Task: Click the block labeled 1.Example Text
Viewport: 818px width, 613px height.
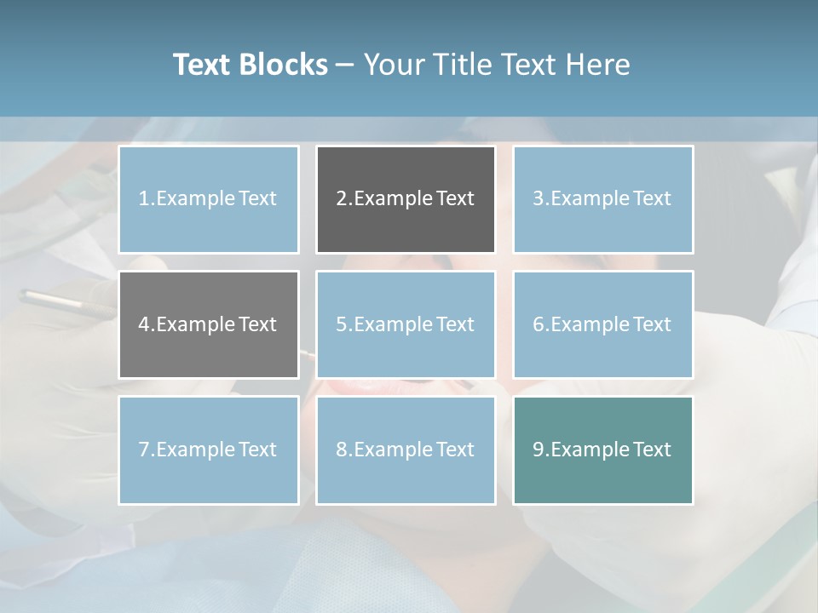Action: pos(209,199)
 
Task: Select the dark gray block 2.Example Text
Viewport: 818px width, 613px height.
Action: pos(406,199)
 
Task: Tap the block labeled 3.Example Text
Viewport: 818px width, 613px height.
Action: pos(602,199)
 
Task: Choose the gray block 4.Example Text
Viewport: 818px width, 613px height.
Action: pos(209,324)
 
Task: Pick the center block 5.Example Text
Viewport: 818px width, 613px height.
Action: pos(406,324)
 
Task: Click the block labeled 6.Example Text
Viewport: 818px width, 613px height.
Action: pos(602,324)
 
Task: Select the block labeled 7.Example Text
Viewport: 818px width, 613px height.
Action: pos(209,450)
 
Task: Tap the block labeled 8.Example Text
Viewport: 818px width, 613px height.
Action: pos(406,450)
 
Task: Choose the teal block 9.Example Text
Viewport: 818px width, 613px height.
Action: pos(602,450)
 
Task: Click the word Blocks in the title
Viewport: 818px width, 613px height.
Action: pos(284,65)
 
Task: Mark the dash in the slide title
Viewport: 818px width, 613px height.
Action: pos(345,65)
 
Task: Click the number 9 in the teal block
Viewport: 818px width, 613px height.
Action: pos(539,450)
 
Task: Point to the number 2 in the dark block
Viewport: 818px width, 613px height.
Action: pos(342,199)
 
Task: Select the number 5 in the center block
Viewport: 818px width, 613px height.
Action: pos(342,324)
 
